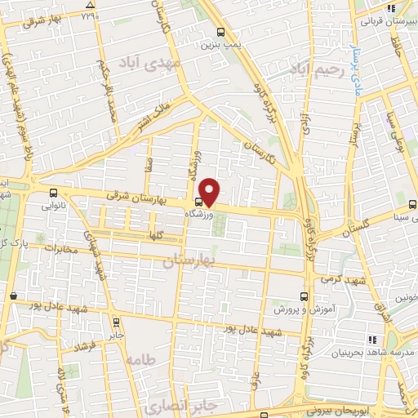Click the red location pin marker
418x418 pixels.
tap(210, 191)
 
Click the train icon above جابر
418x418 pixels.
tap(116, 321)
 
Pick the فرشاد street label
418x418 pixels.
tap(85, 347)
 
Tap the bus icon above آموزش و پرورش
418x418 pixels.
tap(305, 296)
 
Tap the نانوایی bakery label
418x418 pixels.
tap(53, 207)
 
